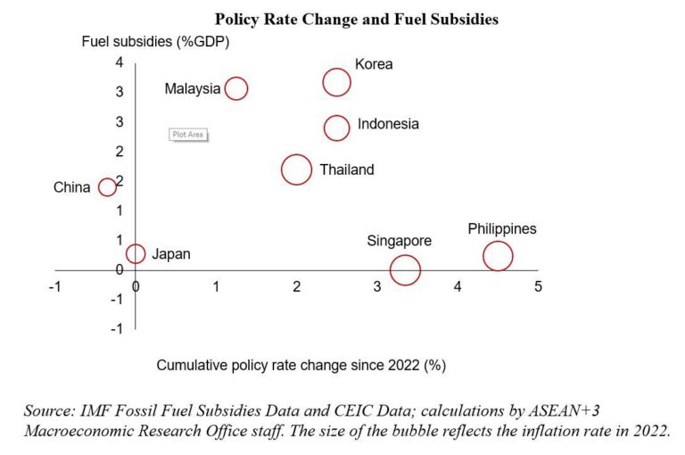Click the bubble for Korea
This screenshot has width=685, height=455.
[336, 83]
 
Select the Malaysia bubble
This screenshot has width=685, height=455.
[235, 88]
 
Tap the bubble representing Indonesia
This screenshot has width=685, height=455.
[336, 128]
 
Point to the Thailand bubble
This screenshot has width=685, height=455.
[296, 170]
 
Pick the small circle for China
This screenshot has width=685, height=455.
[107, 186]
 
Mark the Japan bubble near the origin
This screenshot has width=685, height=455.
[136, 254]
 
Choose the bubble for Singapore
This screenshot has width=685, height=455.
[405, 269]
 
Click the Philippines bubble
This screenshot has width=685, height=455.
[498, 256]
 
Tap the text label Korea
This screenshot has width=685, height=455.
[374, 64]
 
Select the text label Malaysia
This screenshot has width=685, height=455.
[192, 88]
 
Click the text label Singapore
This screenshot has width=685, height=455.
[400, 241]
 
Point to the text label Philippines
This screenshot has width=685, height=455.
[502, 229]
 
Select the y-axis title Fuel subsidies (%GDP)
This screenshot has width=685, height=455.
[156, 41]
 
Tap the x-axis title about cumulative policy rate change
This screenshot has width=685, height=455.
[301, 365]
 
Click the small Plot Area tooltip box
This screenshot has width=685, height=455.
[188, 135]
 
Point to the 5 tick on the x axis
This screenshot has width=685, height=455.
[538, 286]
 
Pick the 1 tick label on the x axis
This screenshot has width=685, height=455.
[216, 286]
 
